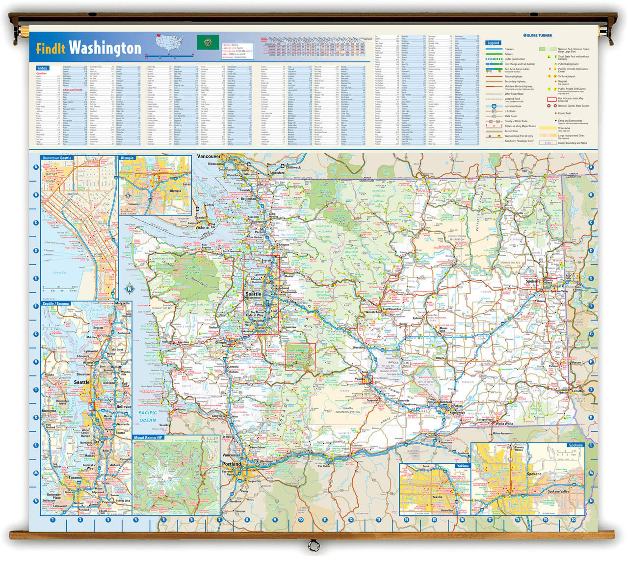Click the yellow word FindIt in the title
[51, 48]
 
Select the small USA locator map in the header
[174, 43]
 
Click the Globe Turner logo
[537, 35]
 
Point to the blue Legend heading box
[493, 43]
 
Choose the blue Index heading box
[43, 68]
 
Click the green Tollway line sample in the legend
[494, 54]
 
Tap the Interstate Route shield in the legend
[494, 106]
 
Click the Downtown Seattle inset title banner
[57, 158]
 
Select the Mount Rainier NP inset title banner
[148, 437]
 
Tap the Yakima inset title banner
[462, 466]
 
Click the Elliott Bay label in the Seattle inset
[60, 272]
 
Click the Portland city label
[232, 464]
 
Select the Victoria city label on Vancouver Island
[203, 228]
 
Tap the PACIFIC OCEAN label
[148, 416]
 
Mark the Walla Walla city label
[504, 423]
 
